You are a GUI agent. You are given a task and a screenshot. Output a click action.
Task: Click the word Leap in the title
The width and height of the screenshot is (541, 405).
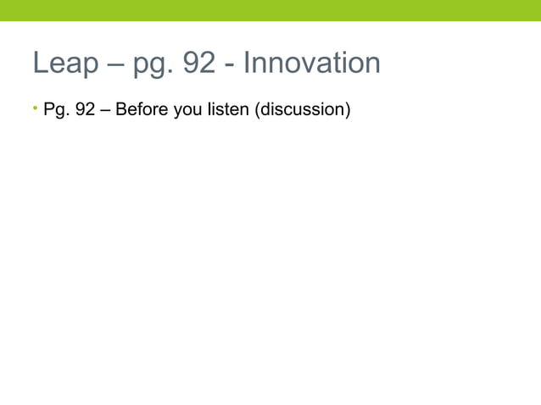pyautogui.click(x=65, y=63)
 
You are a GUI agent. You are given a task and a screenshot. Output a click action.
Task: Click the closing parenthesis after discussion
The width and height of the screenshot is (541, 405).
pyautogui.click(x=346, y=110)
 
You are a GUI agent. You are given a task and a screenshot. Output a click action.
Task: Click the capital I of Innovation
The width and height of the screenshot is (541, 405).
pyautogui.click(x=247, y=63)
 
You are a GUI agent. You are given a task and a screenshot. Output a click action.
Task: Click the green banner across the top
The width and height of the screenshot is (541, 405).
pyautogui.click(x=270, y=10)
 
